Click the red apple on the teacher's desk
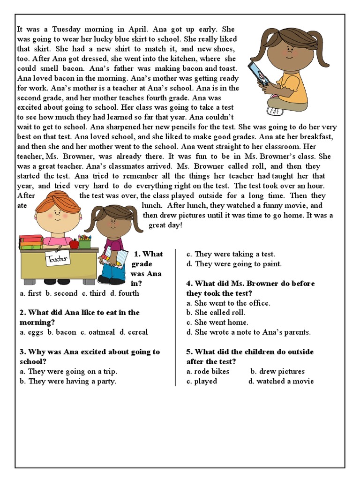[74, 243]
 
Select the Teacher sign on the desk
[58, 258]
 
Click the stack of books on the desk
[31, 242]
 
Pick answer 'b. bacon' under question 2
[62, 332]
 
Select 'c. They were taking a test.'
[231, 254]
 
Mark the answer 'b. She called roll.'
[216, 313]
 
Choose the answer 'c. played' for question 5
[202, 382]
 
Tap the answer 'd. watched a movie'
[281, 382]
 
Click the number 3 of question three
[22, 352]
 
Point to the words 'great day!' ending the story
[165, 225]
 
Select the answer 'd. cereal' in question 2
[134, 332]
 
